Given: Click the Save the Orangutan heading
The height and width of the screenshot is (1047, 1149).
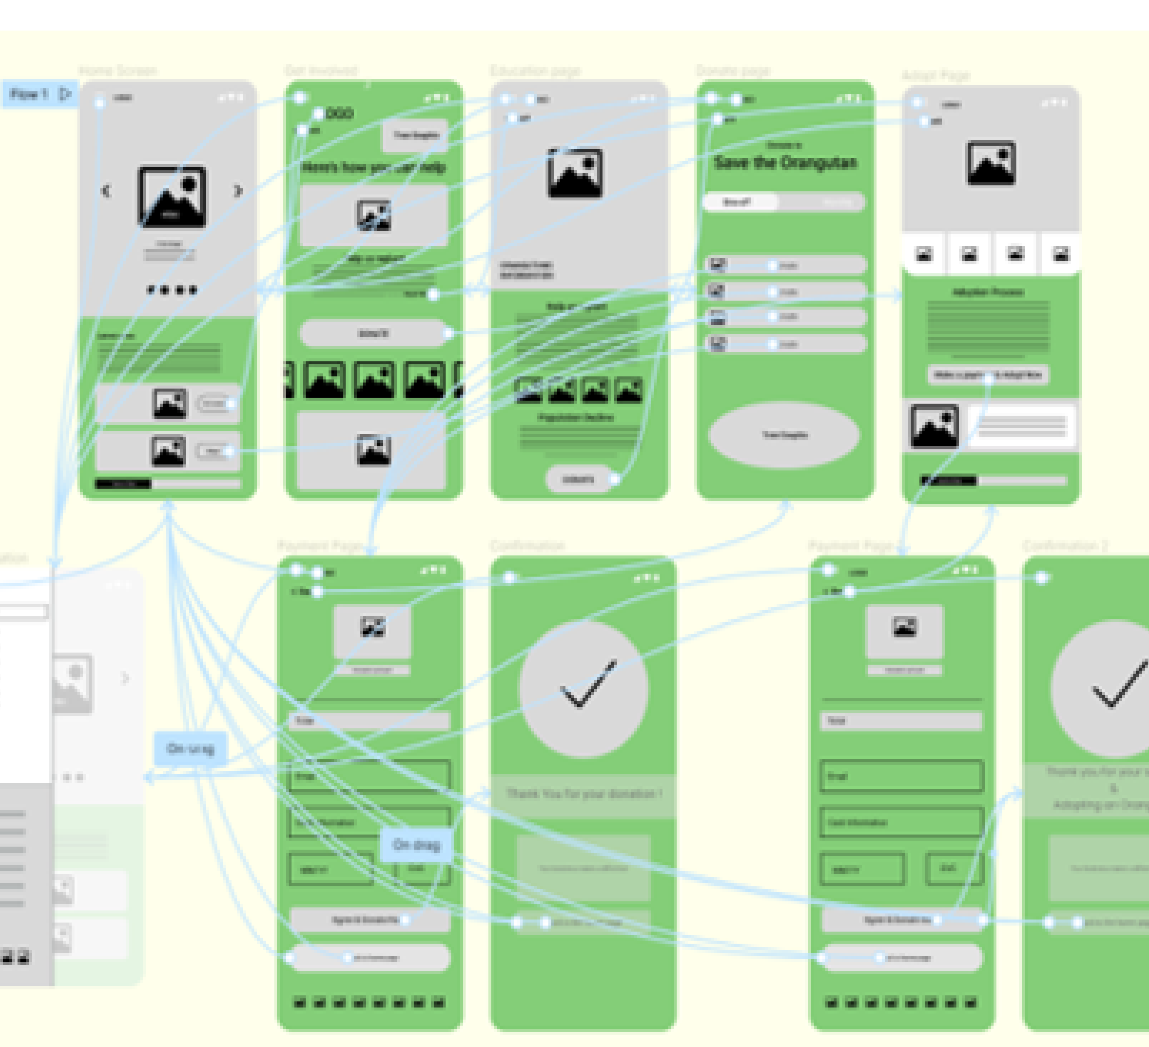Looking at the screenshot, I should click(x=785, y=163).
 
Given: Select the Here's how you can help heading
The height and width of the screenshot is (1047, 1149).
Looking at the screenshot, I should click(x=373, y=167).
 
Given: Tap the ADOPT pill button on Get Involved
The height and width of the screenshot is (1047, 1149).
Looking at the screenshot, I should click(x=373, y=333).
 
